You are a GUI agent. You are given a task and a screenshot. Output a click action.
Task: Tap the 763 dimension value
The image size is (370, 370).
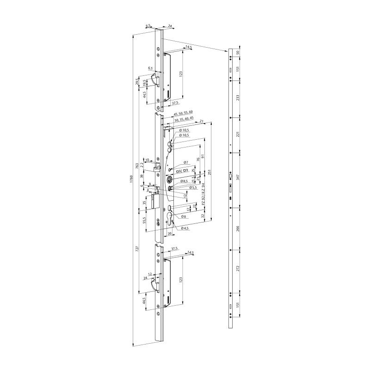point(137,166)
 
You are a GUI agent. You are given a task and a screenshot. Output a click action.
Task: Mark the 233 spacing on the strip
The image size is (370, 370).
point(238,99)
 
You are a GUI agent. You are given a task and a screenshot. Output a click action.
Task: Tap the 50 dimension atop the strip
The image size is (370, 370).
point(238,53)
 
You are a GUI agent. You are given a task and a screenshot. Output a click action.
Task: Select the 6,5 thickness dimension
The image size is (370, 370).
point(148,26)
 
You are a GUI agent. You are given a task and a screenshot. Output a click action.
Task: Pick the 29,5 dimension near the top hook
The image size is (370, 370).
point(137,81)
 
